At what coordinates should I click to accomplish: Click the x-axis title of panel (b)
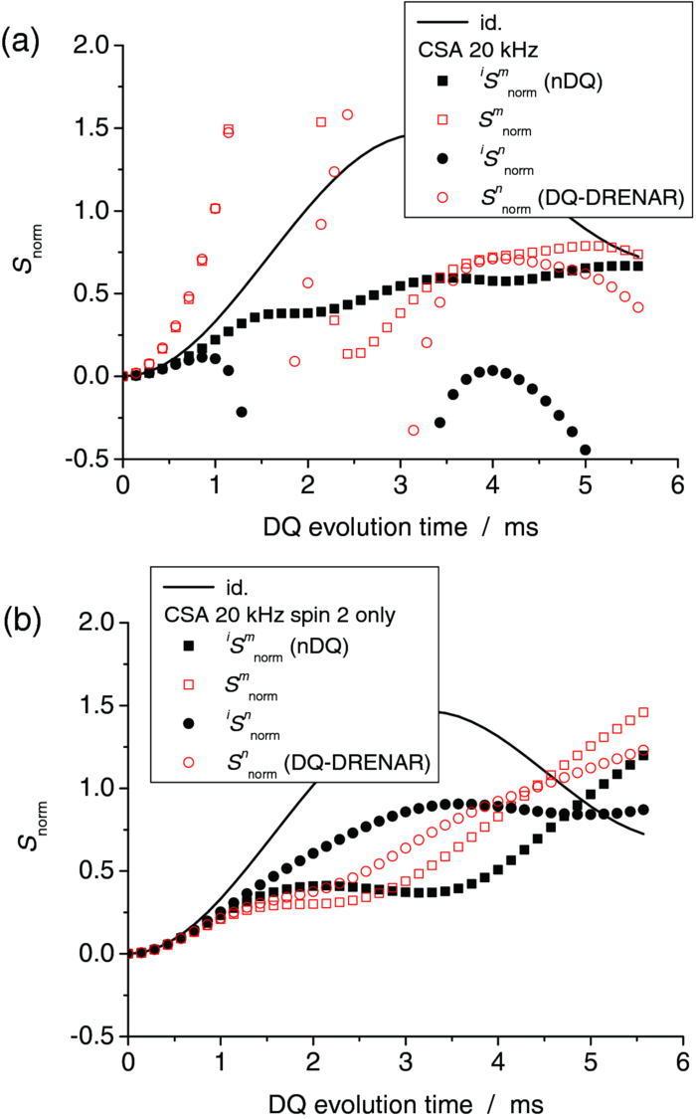(396, 1103)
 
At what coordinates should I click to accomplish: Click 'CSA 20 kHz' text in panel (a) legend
(471, 46)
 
